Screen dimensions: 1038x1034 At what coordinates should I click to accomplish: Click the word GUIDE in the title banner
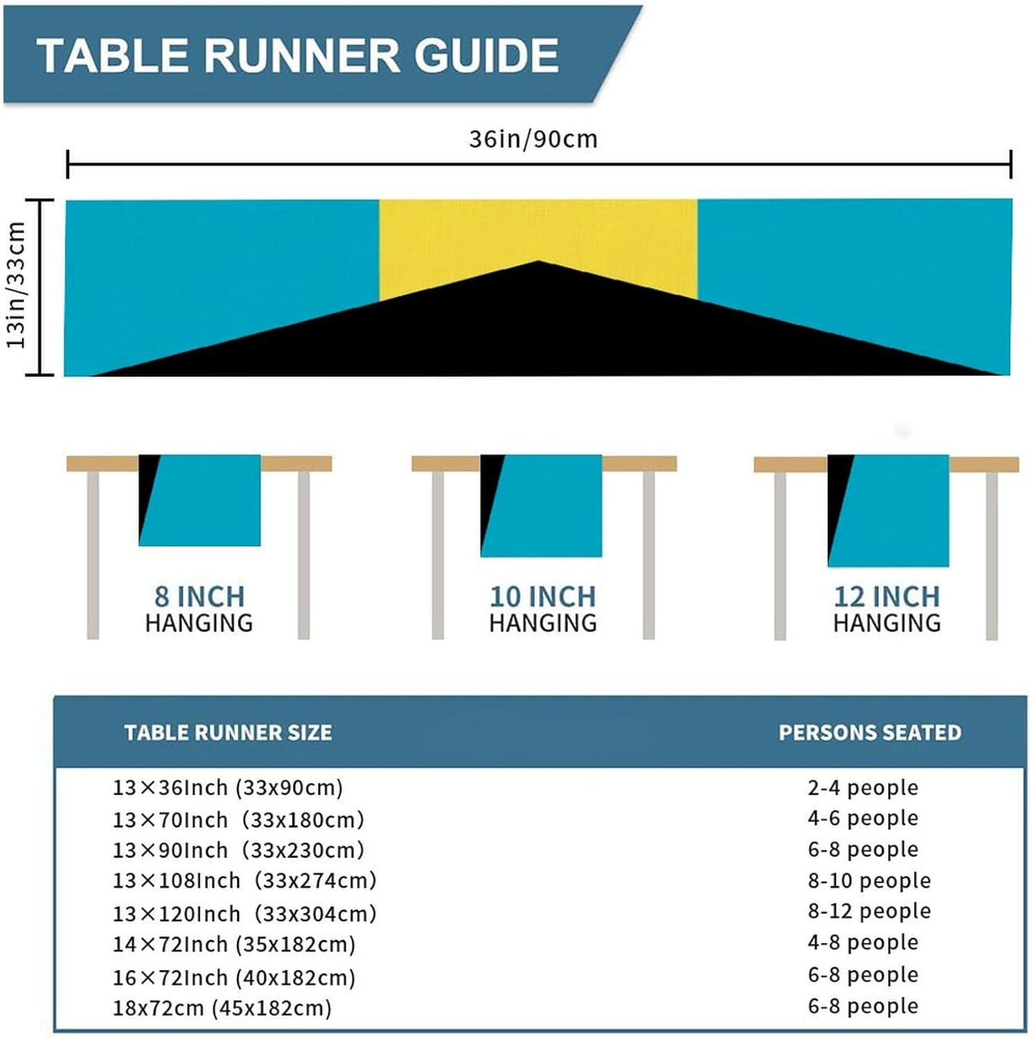pos(486,55)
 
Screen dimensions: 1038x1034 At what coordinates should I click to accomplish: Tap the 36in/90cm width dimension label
pos(533,139)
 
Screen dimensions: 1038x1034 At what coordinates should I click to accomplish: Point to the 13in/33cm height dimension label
pos(16,285)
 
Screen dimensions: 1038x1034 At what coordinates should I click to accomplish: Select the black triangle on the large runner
pos(537,332)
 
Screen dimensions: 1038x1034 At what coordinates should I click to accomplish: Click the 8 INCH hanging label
pos(199,597)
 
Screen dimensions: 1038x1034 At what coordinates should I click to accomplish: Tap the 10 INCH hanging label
pos(542,597)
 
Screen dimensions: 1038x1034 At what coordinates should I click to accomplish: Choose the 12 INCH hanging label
pos(886,597)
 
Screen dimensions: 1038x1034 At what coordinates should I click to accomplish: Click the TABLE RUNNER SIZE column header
pos(228,732)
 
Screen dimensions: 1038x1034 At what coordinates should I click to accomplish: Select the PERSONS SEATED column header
pos(870,732)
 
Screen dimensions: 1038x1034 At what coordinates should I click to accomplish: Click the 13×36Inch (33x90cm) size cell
pos(228,787)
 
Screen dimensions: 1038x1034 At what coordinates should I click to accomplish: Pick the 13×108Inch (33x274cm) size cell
pos(244,880)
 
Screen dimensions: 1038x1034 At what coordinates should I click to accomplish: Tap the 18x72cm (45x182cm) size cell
pos(222,1008)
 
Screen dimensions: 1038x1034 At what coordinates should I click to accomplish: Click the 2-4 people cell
pos(863,787)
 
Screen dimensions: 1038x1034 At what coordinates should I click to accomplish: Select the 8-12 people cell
pos(869,911)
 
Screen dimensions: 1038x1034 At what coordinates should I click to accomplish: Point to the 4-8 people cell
pos(863,942)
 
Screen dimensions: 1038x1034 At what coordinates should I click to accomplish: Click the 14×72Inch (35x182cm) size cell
pos(234,944)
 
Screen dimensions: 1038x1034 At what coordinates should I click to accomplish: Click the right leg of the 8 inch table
pos(303,554)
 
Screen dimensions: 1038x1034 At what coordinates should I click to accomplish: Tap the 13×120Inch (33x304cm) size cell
pos(244,913)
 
